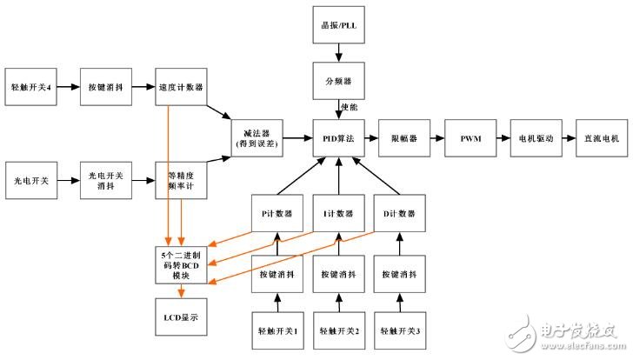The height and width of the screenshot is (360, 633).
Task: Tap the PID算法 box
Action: point(337,137)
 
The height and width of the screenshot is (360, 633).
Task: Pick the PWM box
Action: point(470,137)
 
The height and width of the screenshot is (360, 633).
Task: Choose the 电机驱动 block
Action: point(533,137)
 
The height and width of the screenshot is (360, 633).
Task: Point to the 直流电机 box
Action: point(598,137)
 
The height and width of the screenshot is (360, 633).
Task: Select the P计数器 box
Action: point(277,213)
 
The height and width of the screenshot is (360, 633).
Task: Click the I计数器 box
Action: point(337,213)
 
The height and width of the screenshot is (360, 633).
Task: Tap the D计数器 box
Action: point(400,213)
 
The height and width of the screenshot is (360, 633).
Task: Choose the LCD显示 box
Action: point(181,318)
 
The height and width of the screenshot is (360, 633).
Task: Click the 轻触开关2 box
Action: point(337,330)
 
